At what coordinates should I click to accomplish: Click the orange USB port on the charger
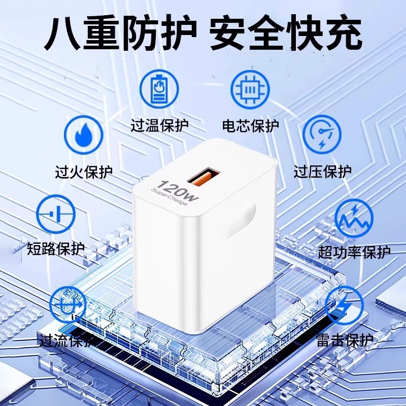coord(204,177)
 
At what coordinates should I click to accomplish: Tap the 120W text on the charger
coord(180,191)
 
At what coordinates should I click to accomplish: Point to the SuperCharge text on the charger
coord(169,197)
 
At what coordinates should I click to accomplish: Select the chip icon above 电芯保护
coord(250,89)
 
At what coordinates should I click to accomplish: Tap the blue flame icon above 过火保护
coord(84,135)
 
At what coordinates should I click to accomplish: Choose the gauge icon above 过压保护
coord(322,134)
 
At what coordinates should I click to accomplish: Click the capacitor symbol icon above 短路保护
coord(55,214)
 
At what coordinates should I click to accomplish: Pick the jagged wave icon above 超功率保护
coord(354,218)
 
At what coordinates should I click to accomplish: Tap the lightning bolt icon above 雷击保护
coord(345,306)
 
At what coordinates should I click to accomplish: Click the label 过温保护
coord(159,125)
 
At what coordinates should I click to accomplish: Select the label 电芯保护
coord(250,126)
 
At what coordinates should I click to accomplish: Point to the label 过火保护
coord(84,172)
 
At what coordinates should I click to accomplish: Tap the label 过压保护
coord(322,172)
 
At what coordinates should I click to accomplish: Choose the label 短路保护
coord(56,249)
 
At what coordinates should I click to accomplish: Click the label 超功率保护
coord(354,252)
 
